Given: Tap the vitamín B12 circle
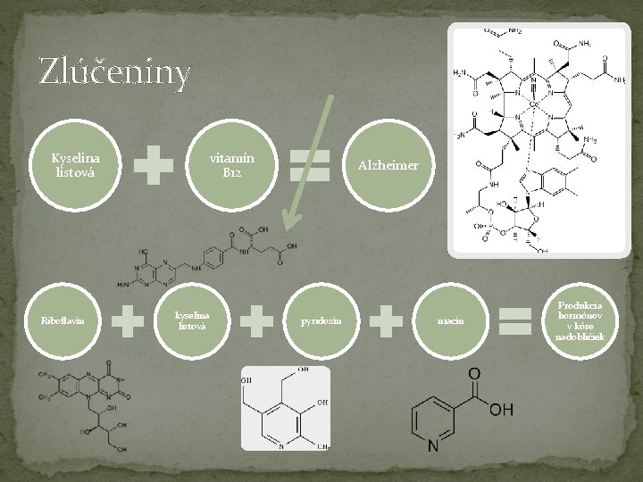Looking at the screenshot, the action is point(231,165).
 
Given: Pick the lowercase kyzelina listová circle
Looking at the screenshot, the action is point(191,320).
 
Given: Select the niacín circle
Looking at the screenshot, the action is point(449,320).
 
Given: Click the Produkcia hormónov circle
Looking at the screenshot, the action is point(580,320).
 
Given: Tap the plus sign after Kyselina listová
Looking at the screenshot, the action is point(154,166).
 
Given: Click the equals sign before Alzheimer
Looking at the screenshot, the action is point(311,166).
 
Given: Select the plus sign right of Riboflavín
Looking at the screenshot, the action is point(127,321).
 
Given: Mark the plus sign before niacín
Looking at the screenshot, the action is point(385,321).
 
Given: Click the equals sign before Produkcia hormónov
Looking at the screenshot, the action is point(515,321).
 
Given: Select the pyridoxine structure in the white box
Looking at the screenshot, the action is point(285,408).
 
